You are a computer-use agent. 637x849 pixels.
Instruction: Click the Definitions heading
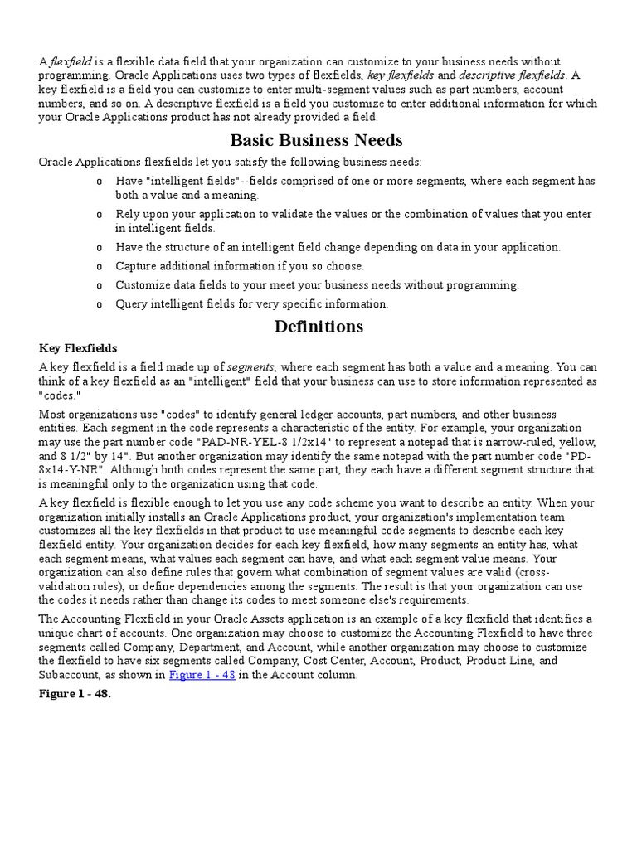click(x=318, y=326)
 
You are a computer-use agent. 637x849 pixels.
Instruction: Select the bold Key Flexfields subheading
click(x=78, y=348)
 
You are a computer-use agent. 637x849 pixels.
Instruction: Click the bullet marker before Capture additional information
click(x=100, y=266)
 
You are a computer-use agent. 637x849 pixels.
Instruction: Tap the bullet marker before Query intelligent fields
click(x=100, y=304)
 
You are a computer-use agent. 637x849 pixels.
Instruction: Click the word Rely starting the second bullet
click(x=129, y=215)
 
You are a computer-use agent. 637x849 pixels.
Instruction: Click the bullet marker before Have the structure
click(x=100, y=247)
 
